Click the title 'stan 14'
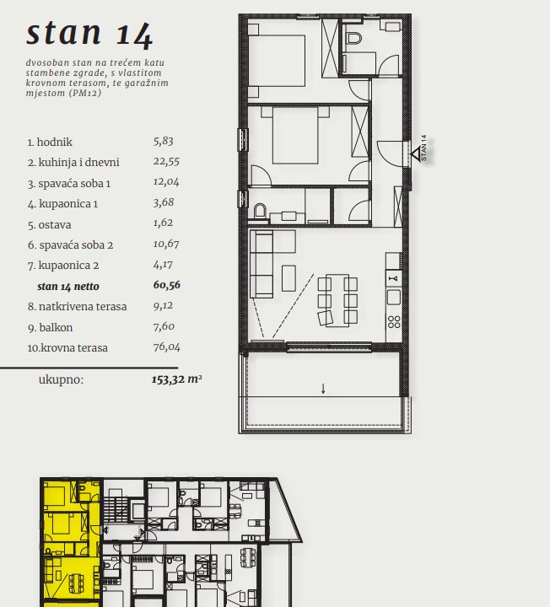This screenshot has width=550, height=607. click(x=90, y=33)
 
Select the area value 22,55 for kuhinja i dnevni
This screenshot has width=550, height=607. click(x=166, y=161)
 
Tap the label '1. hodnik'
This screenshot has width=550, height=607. click(x=50, y=142)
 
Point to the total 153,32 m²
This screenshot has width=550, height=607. click(x=176, y=379)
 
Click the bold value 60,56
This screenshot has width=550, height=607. click(x=166, y=285)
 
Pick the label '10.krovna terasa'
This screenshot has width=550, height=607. click(x=67, y=347)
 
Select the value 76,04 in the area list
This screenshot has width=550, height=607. click(x=166, y=346)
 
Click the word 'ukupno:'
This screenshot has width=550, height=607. click(x=61, y=379)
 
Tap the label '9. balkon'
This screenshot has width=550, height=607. click(x=50, y=327)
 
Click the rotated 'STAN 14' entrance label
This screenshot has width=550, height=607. click(x=423, y=148)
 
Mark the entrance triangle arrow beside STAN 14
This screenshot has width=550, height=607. click(x=415, y=155)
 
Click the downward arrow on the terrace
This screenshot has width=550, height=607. click(x=323, y=389)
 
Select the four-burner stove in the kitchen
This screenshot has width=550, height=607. click(x=394, y=322)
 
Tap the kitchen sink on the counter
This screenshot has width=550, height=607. click(x=394, y=298)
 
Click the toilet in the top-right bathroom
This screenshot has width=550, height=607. click(x=354, y=38)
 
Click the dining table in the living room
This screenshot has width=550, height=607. click(x=337, y=301)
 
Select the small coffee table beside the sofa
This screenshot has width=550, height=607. click(x=288, y=278)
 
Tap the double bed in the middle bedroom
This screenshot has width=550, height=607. click(x=295, y=136)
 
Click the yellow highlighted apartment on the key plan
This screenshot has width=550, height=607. click(x=71, y=542)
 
